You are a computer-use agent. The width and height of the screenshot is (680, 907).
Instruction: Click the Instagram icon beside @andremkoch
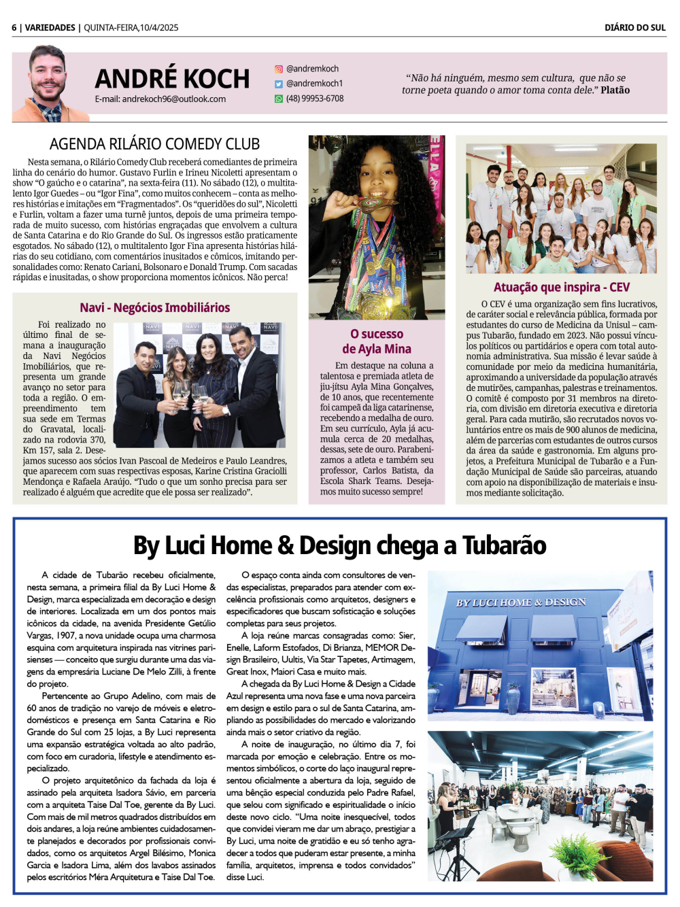[278, 69]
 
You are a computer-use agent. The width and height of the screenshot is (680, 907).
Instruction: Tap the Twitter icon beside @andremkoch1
[278, 84]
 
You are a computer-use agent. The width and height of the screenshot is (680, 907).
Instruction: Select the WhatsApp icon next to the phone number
[278, 99]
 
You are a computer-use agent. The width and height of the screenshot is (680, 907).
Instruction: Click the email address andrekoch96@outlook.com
[173, 99]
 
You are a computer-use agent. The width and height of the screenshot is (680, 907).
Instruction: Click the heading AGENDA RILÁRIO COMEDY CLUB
[154, 144]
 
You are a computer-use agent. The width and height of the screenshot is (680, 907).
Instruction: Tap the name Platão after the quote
[615, 90]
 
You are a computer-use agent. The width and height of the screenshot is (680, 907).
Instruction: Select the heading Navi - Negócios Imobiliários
[154, 307]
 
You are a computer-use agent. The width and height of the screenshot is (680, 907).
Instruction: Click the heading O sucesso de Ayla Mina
[377, 341]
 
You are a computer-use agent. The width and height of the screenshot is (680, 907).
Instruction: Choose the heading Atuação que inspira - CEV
[561, 287]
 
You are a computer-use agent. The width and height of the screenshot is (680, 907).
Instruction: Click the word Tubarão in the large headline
[504, 545]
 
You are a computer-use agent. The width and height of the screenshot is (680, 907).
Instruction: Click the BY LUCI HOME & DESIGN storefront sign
[520, 602]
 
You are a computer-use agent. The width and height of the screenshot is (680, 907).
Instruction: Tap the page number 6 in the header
[14, 28]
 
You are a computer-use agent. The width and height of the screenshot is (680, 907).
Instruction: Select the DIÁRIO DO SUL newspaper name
[634, 28]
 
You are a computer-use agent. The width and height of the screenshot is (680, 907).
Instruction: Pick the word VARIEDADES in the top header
[50, 28]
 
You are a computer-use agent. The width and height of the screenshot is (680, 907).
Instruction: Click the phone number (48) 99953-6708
[314, 99]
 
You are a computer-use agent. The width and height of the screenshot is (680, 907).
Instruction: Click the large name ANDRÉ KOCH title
[172, 79]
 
